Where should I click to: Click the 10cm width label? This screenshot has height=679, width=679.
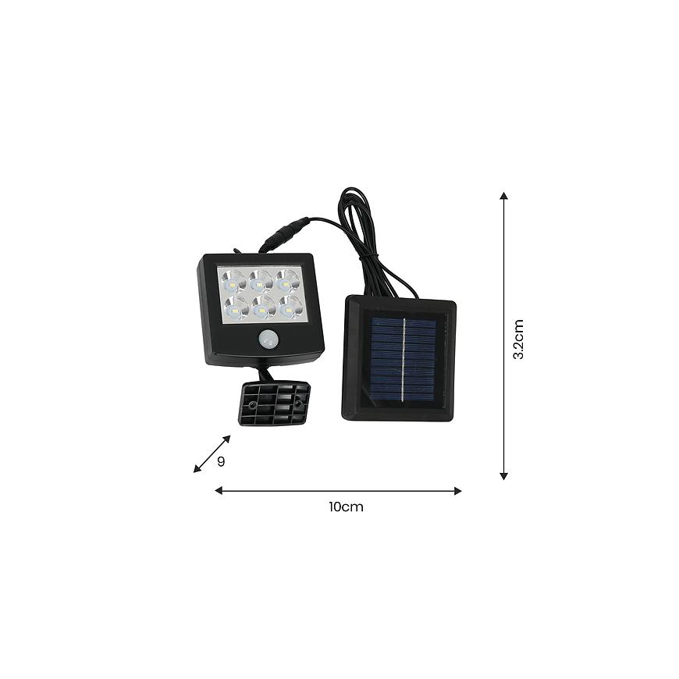point(346,507)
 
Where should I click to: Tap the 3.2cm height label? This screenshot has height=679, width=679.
point(518,339)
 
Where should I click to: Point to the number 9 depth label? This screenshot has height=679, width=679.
point(221,461)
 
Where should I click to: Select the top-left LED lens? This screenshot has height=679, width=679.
point(233,282)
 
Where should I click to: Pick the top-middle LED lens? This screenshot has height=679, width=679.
point(261,280)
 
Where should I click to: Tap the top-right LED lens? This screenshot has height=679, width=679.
point(287,279)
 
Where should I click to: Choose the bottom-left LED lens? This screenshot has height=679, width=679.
point(236,308)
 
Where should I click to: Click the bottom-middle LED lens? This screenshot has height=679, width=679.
point(263,307)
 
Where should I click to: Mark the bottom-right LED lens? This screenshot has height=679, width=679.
point(290,306)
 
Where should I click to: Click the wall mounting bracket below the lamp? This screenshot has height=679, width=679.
point(274,403)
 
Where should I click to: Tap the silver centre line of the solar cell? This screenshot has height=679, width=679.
point(403,361)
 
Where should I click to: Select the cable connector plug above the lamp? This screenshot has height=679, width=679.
point(283,232)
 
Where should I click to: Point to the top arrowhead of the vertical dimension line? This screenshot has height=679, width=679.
point(503,195)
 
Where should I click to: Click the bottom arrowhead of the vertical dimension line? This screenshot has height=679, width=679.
point(503,476)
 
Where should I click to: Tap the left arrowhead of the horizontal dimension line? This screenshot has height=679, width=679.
point(219,491)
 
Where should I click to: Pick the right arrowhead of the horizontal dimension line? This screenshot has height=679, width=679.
point(457,491)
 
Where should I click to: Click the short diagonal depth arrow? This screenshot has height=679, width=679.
point(212,453)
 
